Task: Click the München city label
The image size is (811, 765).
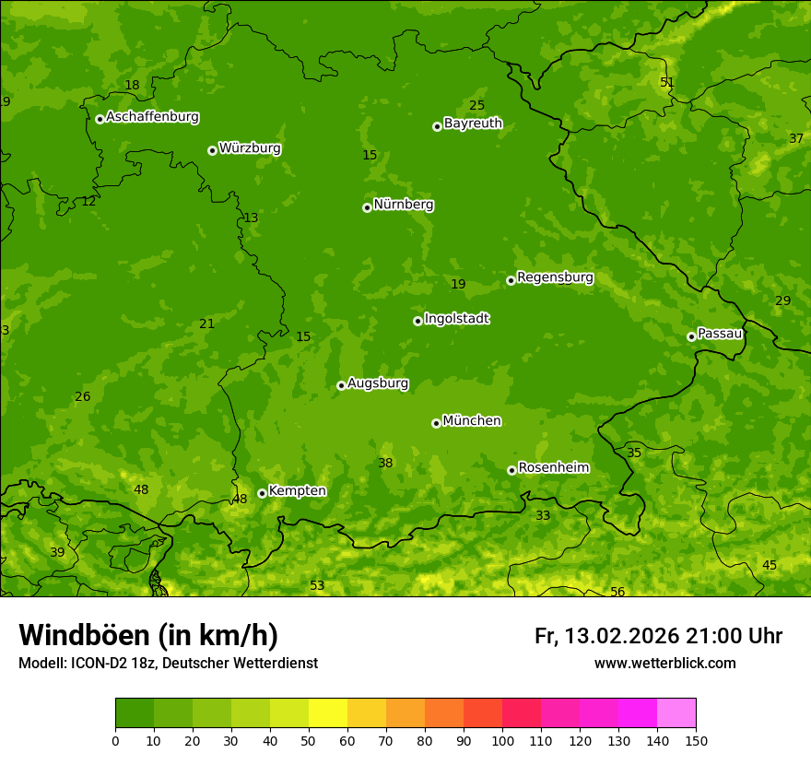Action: tap(472, 421)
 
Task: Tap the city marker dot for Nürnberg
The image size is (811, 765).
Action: tap(367, 207)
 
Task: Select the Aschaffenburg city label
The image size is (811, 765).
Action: tap(152, 117)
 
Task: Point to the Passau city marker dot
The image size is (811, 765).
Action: tap(691, 336)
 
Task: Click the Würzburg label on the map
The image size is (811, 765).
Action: tap(250, 148)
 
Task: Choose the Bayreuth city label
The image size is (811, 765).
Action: tap(473, 124)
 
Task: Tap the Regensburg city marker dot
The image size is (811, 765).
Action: tap(511, 280)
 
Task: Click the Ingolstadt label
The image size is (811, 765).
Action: tap(456, 319)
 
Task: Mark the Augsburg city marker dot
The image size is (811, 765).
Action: tap(341, 385)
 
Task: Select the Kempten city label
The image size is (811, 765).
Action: tap(297, 491)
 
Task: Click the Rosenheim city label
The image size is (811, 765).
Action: tap(553, 468)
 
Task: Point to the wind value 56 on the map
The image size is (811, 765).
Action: tap(617, 592)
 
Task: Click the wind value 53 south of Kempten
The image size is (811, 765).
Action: tap(317, 585)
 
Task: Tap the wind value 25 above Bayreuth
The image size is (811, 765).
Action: tap(476, 105)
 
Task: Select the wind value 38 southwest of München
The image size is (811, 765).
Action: tap(385, 463)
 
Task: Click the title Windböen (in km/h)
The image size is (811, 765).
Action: tap(147, 635)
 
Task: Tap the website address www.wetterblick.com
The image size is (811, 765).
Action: tap(664, 663)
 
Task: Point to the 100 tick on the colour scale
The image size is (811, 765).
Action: tap(502, 740)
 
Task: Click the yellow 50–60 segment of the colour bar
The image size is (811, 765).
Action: tap(328, 712)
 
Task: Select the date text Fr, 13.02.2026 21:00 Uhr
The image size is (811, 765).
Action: tap(658, 636)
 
